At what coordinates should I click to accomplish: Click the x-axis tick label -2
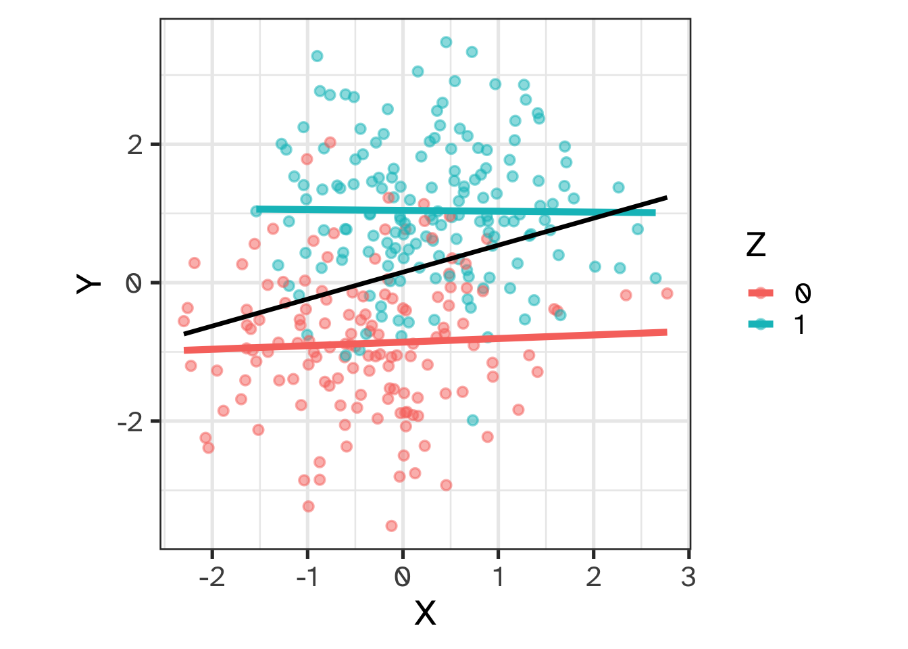tap(211, 578)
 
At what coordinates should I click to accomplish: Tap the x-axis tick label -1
tap(307, 578)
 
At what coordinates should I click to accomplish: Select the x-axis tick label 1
tap(498, 578)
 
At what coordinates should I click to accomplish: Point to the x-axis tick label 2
tap(593, 578)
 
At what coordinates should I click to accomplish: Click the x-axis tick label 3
tap(688, 578)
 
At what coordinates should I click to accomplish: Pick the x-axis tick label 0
tap(403, 578)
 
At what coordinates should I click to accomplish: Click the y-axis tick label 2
tap(135, 145)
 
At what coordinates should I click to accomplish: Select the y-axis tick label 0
tap(135, 283)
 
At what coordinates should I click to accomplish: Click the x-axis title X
tap(425, 613)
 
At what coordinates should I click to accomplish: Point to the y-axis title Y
tap(89, 284)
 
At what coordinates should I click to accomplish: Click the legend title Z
tap(756, 245)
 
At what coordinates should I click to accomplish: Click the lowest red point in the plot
tap(391, 526)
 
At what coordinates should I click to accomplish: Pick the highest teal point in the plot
tap(446, 42)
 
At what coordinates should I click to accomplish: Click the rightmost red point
tap(667, 293)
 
